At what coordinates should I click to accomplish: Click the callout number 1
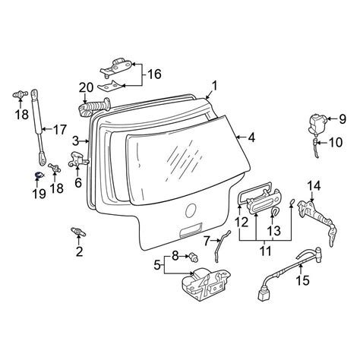point(214,86)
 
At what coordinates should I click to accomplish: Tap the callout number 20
point(86,88)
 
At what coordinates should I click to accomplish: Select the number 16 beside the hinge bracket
point(154,74)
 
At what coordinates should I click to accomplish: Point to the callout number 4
point(251,137)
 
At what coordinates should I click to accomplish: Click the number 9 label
point(343,119)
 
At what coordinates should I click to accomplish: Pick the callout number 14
point(314,186)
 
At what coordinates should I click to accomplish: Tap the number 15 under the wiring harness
point(303,280)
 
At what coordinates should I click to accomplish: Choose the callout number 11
point(266,251)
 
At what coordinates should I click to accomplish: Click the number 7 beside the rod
point(207,241)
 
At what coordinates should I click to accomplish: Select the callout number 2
point(79,251)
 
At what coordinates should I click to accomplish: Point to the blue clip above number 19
point(38,175)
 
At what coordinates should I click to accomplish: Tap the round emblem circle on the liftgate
point(191,210)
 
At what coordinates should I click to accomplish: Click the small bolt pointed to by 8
point(194,257)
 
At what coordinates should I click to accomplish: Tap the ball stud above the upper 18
point(20,95)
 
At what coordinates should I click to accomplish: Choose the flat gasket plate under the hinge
point(110,86)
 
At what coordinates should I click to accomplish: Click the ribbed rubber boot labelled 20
point(93,107)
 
